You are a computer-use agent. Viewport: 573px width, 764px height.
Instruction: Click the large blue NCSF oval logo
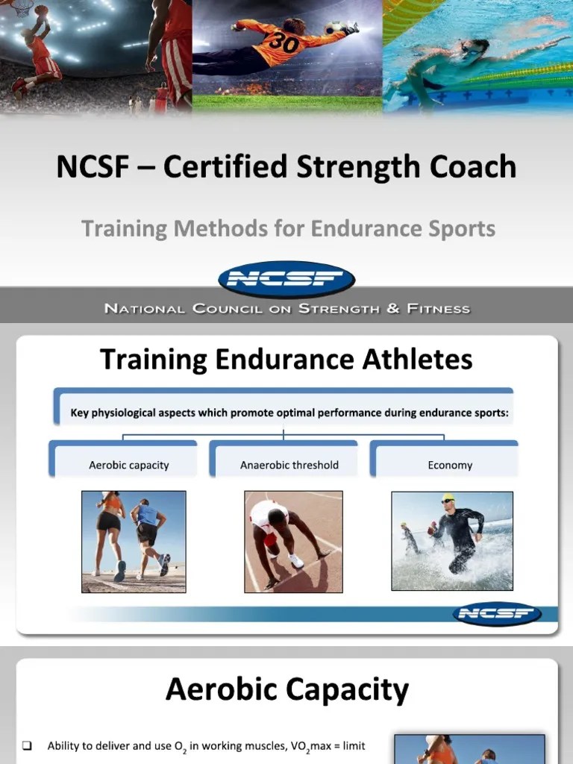(286, 280)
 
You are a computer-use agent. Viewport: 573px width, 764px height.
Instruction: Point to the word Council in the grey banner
(221, 308)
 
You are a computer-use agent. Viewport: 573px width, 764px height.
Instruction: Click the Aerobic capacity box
(128, 464)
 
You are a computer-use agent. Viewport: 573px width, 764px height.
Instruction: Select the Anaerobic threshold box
(289, 464)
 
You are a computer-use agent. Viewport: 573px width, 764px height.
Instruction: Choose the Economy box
(450, 464)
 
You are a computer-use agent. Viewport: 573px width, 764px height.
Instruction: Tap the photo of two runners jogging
(134, 542)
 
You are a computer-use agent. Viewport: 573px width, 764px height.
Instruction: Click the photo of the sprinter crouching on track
(293, 542)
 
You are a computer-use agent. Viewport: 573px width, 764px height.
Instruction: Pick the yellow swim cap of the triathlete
(448, 498)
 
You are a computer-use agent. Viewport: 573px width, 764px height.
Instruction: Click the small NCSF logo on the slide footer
(497, 614)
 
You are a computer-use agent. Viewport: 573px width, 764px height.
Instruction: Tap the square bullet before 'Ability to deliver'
(27, 745)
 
